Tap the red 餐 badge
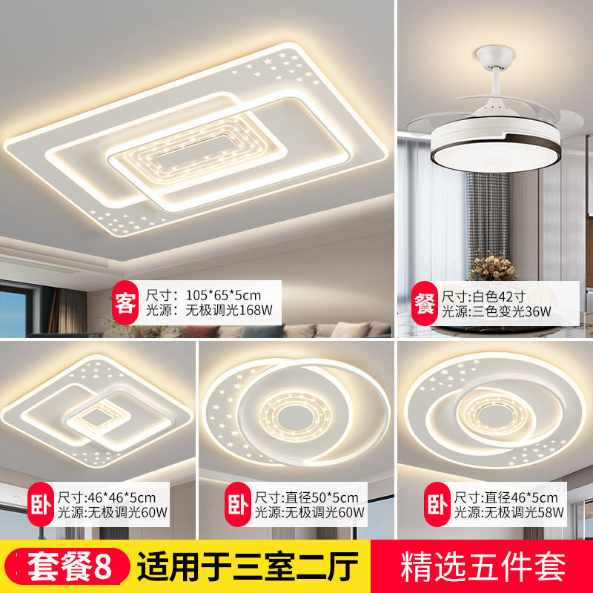coord(425,303)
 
